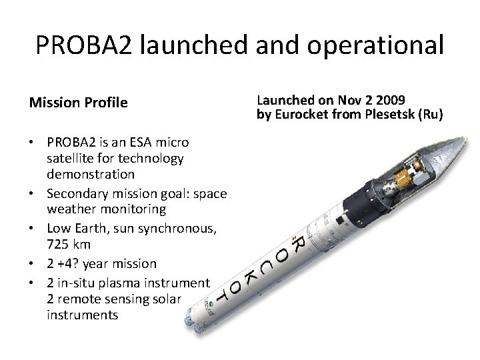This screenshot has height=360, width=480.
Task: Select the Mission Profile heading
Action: click(78, 103)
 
